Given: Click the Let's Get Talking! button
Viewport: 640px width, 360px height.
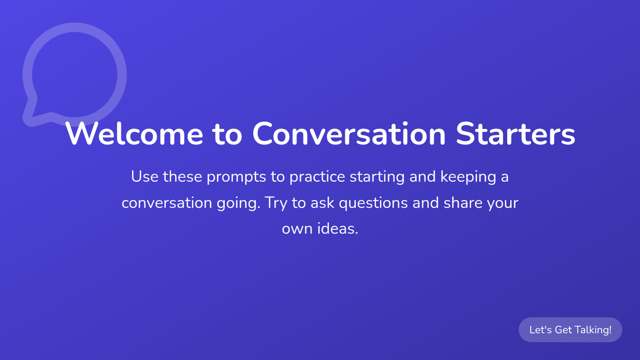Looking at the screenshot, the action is tap(570, 330).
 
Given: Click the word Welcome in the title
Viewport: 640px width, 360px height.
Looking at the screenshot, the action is tap(134, 134).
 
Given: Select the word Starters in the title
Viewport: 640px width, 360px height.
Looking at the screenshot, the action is tap(515, 134).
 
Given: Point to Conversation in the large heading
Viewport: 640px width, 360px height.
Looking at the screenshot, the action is tap(349, 134).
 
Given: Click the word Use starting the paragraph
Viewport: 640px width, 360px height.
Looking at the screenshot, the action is tap(145, 177).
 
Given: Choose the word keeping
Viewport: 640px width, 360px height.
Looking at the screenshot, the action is tap(468, 177).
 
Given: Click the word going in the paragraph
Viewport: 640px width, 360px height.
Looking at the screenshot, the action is tap(238, 203).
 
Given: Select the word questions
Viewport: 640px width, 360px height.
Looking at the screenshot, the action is tap(375, 203).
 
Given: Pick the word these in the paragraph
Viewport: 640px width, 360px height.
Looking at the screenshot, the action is tap(182, 177).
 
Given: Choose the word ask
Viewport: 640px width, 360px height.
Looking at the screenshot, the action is tap(322, 202).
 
